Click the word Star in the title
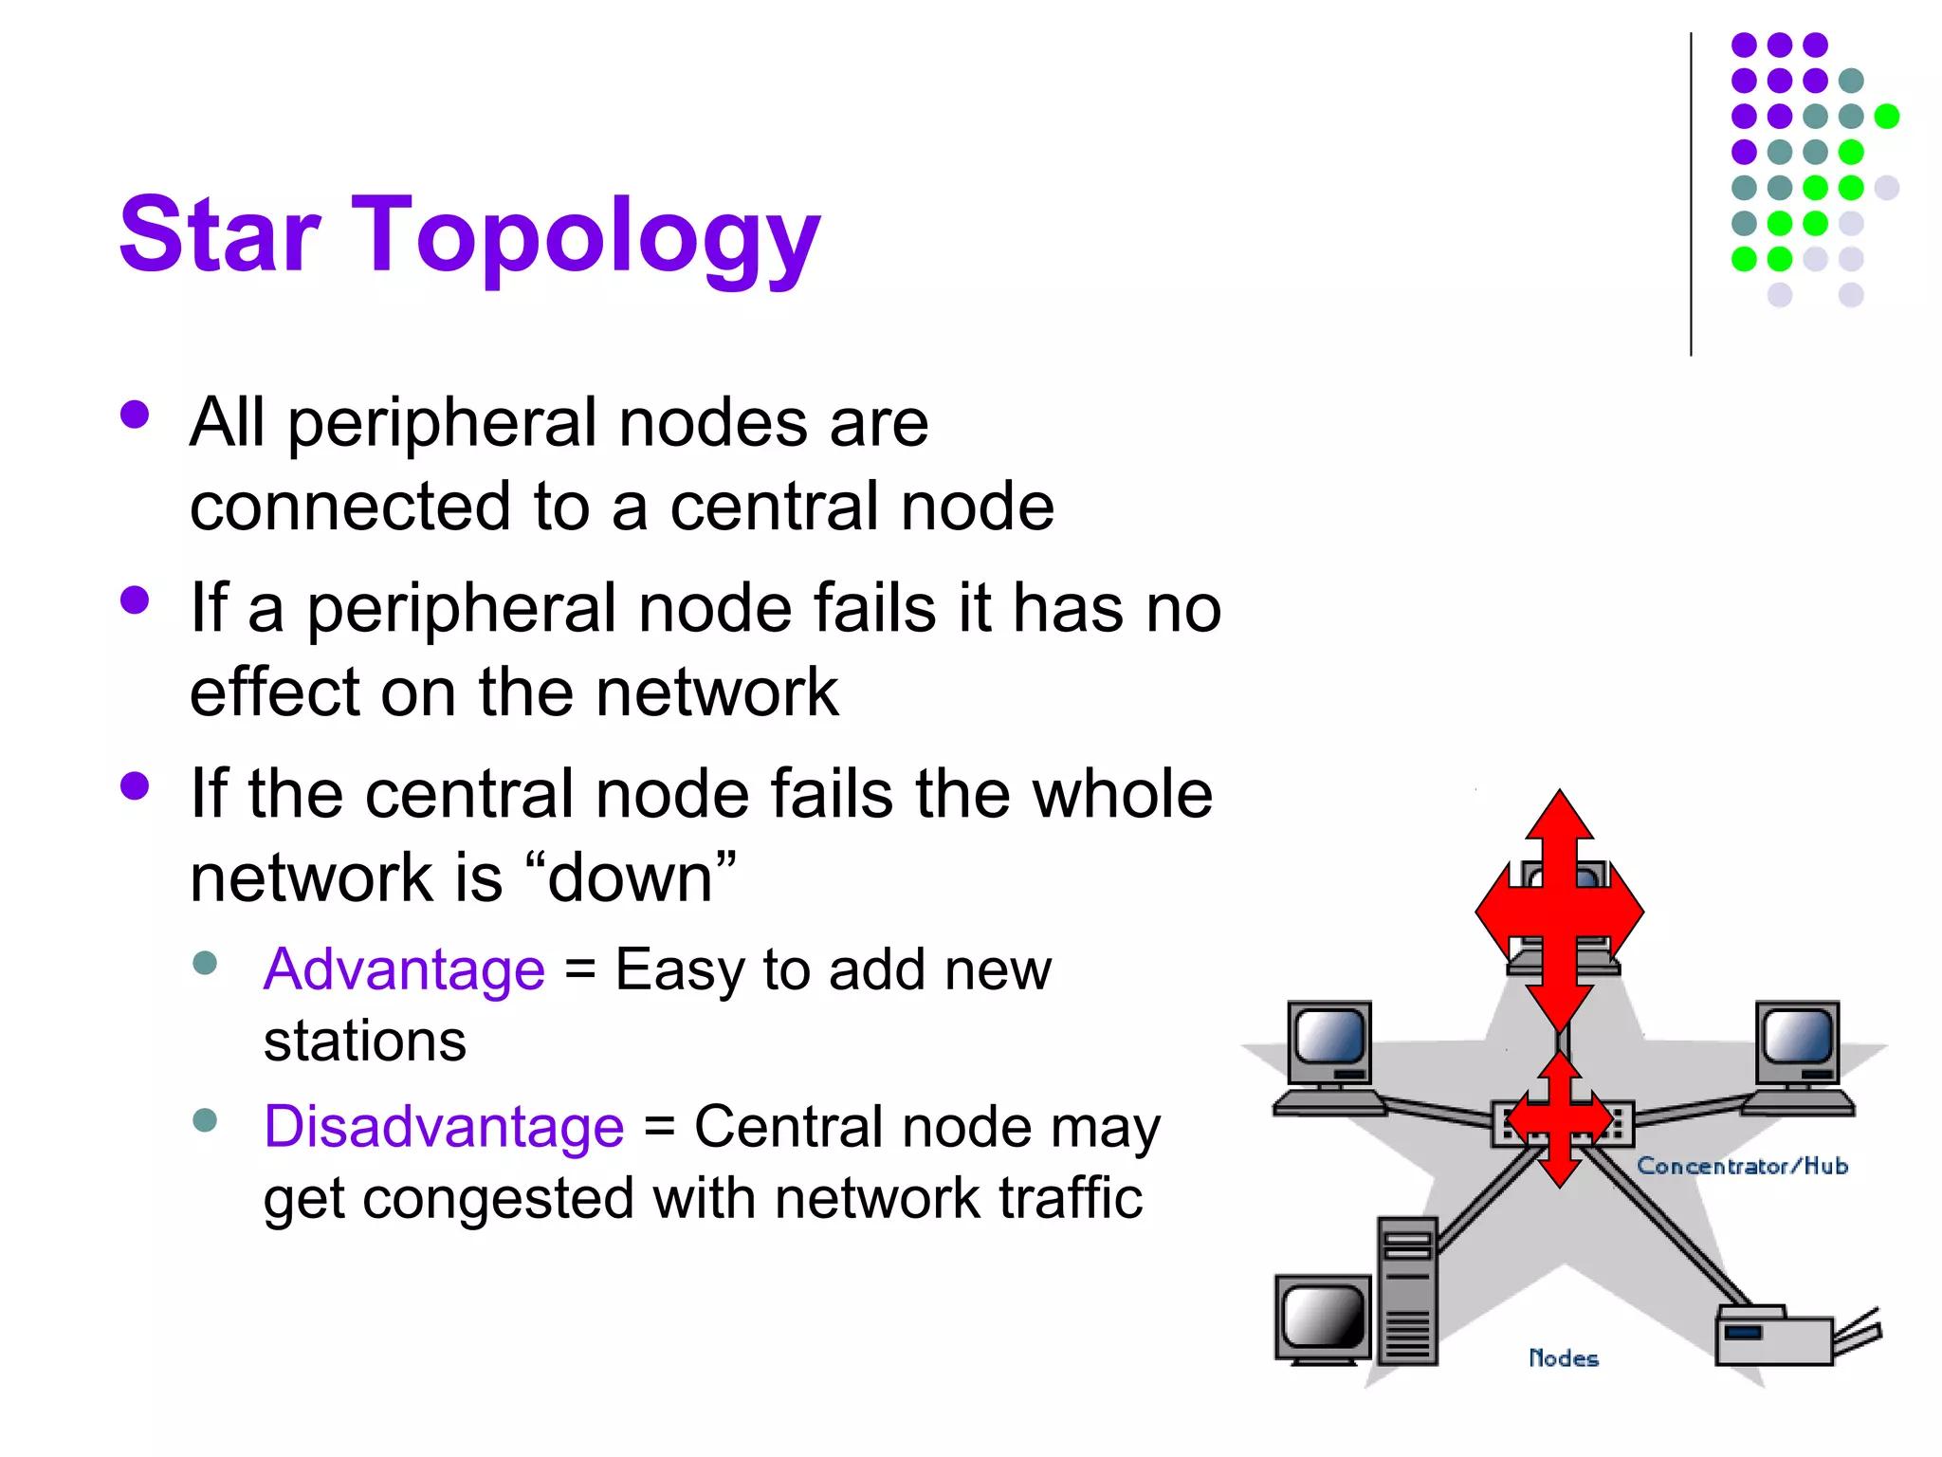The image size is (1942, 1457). pos(219,234)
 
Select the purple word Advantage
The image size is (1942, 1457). pos(404,969)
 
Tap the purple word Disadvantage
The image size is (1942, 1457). pos(444,1127)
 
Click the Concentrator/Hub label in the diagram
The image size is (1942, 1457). pos(1742,1166)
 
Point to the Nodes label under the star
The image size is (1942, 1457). pos(1564,1358)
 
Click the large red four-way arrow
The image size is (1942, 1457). pos(1560,910)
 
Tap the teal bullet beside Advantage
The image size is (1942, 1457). pos(205,964)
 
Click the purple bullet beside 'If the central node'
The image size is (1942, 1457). pos(136,786)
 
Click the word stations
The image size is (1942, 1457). pos(365,1042)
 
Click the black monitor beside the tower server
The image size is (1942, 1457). pos(1324,1319)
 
